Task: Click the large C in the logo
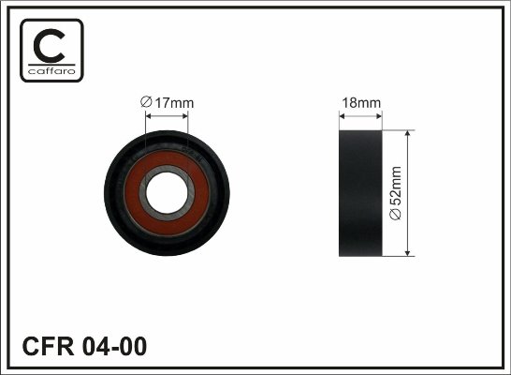click(49, 46)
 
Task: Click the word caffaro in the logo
click(51, 71)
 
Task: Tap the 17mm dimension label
click(168, 103)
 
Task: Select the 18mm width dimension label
click(361, 103)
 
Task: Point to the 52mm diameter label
click(396, 193)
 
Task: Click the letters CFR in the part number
click(49, 346)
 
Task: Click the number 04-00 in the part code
click(114, 346)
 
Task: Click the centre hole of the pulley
click(167, 193)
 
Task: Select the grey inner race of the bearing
click(142, 193)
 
